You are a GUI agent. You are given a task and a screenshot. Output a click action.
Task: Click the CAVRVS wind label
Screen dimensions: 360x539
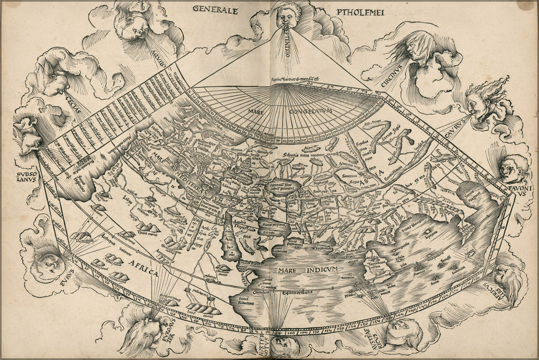tap(453, 128)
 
